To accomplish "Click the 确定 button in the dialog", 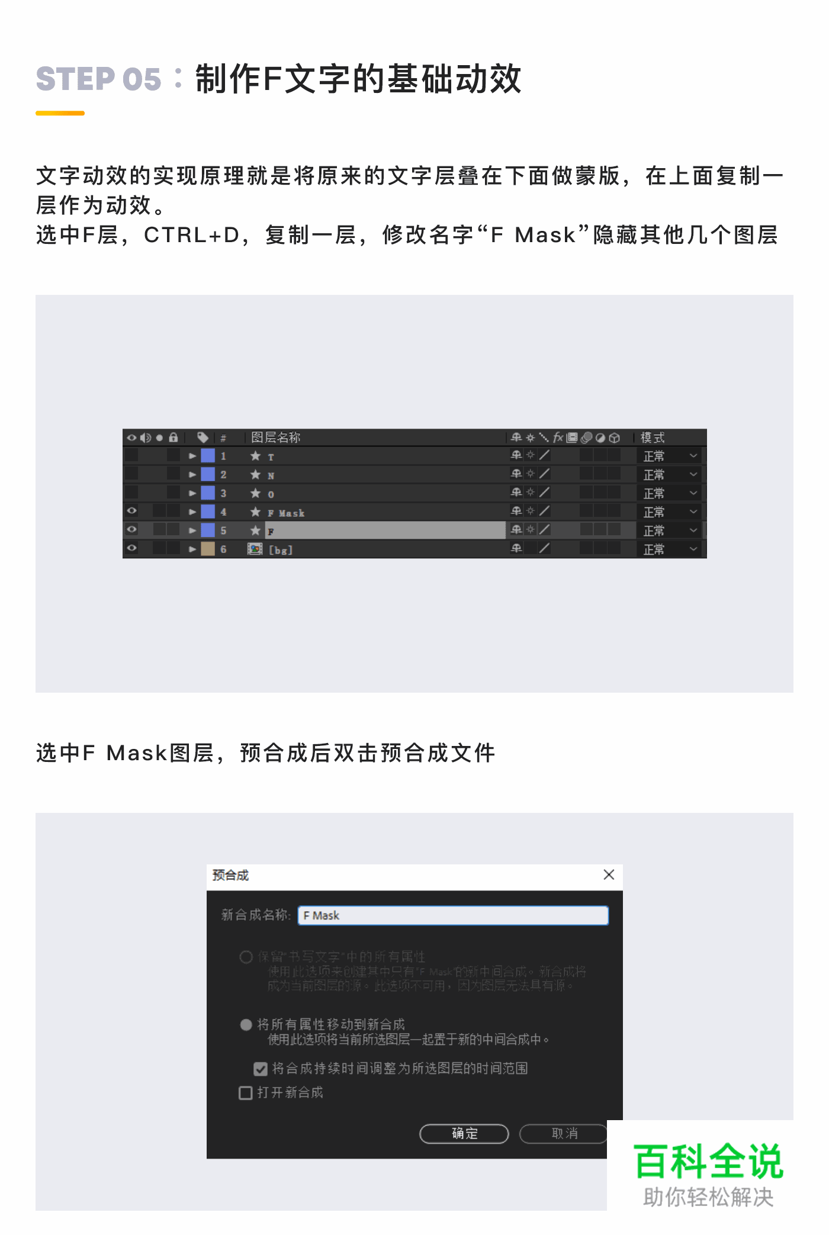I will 464,1134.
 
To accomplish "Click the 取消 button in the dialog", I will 564,1134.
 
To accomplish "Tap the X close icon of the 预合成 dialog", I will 609,875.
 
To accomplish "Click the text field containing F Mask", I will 453,915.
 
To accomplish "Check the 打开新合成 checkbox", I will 246,1093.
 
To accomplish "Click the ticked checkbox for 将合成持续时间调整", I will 261,1069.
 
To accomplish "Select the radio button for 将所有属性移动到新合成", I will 246,1025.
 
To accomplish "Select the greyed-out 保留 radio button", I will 246,957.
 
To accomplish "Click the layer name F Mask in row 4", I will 286,513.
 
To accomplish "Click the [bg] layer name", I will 281,550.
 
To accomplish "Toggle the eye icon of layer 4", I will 132,511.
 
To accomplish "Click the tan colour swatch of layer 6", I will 208,549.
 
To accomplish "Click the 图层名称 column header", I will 276,438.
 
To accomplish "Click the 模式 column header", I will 653,438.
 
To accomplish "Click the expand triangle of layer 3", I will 192,493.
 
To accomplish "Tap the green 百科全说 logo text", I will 708,1162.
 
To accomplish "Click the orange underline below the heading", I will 60,113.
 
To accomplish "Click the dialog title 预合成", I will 231,875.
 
